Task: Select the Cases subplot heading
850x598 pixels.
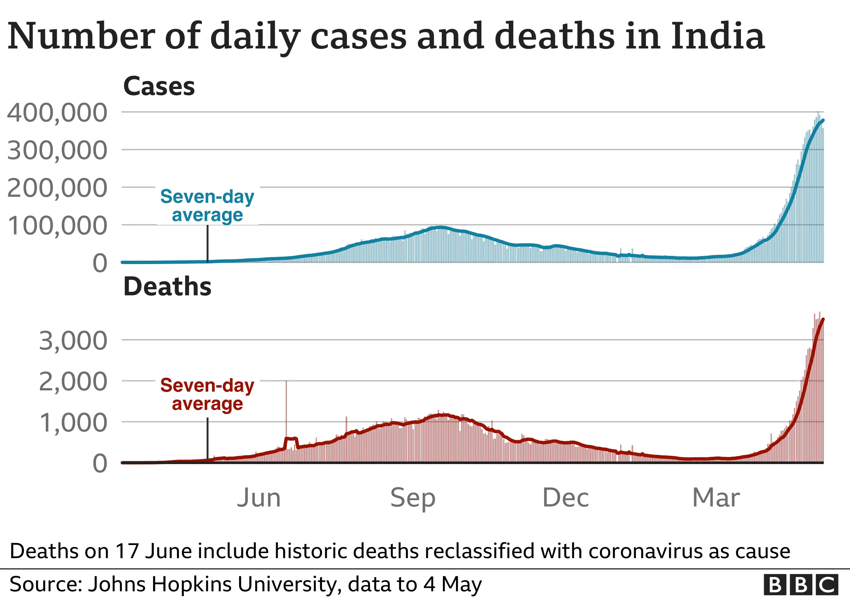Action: pos(159,86)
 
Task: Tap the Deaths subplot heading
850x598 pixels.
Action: pos(167,287)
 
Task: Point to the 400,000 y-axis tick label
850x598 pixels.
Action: pos(57,113)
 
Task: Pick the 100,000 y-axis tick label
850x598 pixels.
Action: pos(57,226)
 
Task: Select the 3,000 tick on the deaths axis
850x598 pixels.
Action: pos(73,341)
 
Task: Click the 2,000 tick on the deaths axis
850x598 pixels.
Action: pos(73,382)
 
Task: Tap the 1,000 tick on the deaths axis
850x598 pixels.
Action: pos(73,423)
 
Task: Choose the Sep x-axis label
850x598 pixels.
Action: pos(413,498)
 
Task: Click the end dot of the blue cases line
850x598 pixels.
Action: pos(823,120)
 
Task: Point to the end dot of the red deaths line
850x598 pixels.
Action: pos(823,319)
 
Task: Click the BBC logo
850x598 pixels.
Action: pos(801,585)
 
